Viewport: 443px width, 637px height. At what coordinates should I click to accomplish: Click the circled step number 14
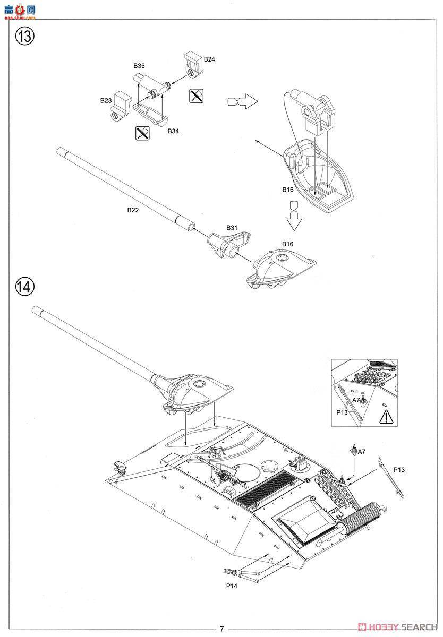click(x=24, y=287)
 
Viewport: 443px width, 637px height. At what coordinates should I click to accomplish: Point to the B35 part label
click(x=139, y=66)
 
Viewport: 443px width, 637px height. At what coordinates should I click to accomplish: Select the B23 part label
click(x=105, y=100)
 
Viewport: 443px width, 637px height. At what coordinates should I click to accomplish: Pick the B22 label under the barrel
click(x=133, y=210)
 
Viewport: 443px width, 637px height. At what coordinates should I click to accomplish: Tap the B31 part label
click(x=232, y=227)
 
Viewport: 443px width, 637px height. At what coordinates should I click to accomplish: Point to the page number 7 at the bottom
click(x=221, y=629)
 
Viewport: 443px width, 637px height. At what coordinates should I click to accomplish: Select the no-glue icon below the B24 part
click(x=196, y=96)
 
